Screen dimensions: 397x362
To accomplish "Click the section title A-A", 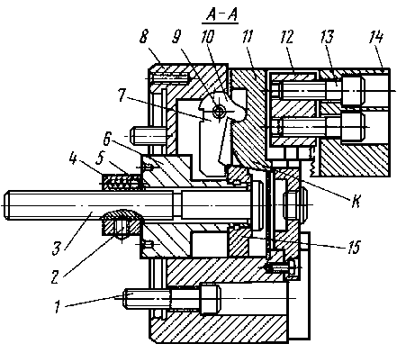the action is point(220,15).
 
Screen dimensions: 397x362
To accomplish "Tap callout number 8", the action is point(144,37).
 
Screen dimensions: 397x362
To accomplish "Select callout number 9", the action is point(176,37).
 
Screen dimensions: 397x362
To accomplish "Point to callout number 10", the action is point(208,37).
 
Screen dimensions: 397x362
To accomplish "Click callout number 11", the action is point(248,37).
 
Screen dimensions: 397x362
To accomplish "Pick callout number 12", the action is point(287,37).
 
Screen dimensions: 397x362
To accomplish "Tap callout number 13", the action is point(327,37).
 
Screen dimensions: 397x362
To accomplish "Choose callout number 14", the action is point(376,37).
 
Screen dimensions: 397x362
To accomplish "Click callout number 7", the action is point(122,95).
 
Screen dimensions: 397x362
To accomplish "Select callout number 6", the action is point(107,140).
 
